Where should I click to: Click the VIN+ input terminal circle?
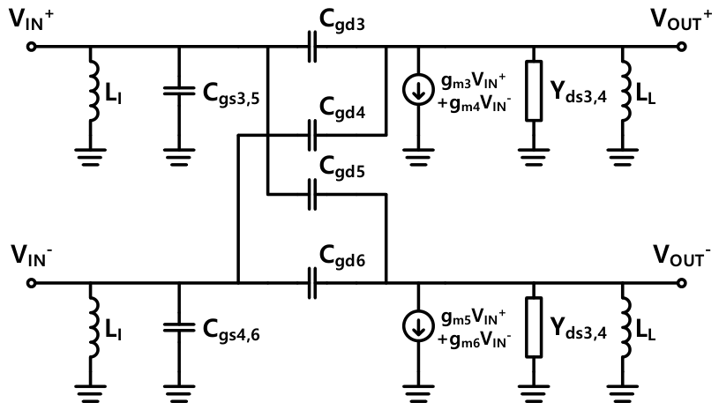pos(31,46)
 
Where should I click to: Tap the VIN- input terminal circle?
pos(31,283)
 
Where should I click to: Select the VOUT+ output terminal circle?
pos(682,46)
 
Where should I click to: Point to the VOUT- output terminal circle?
pos(682,283)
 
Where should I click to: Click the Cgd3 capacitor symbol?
pos(311,46)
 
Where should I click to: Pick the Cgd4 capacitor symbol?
pos(311,135)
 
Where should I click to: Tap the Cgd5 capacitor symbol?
pos(311,195)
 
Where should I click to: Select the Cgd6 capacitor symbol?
pos(311,283)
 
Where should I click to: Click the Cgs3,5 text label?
pos(231,95)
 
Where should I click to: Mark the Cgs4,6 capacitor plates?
pos(179,327)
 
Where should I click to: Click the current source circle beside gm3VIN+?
pos(418,89)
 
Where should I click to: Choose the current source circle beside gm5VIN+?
pos(418,325)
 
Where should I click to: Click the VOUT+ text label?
pos(681,19)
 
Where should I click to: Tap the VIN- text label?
pos(30,256)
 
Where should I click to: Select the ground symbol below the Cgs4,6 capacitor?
pos(179,393)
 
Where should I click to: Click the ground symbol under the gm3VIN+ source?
pos(418,157)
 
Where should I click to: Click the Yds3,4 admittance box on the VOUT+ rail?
pos(534,91)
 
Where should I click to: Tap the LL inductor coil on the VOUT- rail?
pos(625,326)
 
